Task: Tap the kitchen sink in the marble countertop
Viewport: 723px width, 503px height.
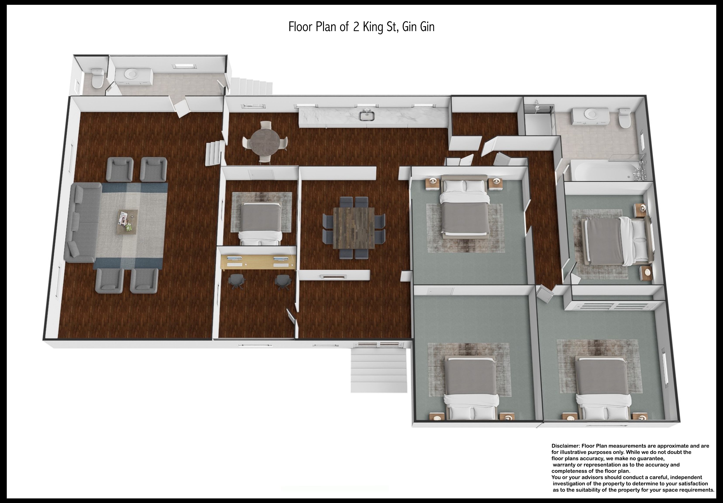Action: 367,115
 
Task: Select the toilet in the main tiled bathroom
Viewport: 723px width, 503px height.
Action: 624,118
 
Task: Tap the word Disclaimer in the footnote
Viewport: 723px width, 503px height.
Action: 566,446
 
